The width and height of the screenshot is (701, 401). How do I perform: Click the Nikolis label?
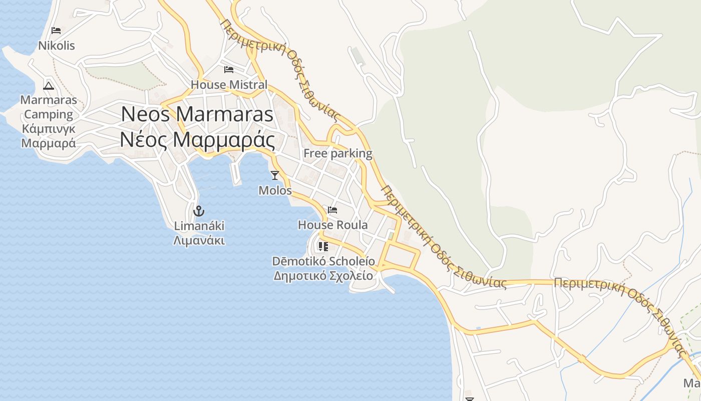[x=57, y=46]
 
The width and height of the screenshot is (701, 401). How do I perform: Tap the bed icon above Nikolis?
[x=56, y=31]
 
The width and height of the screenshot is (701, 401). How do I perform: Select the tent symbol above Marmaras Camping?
[x=49, y=85]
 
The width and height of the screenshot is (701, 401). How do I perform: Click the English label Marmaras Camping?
[x=49, y=107]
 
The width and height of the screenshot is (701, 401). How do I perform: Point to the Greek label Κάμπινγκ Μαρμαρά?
[x=49, y=136]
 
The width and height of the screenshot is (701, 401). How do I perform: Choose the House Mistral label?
[x=229, y=85]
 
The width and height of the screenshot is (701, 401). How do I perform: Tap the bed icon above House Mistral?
[x=229, y=70]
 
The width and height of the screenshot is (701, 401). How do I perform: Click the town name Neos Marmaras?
[x=197, y=114]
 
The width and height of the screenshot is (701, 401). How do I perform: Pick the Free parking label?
[x=338, y=153]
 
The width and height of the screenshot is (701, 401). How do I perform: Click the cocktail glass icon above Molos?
[x=274, y=175]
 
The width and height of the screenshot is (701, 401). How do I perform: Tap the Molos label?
[x=275, y=190]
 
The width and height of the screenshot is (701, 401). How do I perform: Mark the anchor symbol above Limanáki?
[x=199, y=211]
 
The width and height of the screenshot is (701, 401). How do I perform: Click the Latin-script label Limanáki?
[x=199, y=226]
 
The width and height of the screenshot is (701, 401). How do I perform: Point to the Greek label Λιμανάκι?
[x=199, y=241]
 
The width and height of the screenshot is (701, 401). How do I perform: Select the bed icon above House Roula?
[x=332, y=210]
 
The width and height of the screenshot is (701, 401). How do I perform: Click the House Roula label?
[x=332, y=225]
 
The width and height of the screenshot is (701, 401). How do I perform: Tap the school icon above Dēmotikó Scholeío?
[x=323, y=246]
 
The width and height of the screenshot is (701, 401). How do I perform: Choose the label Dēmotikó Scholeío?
[x=323, y=261]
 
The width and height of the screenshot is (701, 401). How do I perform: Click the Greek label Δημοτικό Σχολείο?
[x=323, y=276]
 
